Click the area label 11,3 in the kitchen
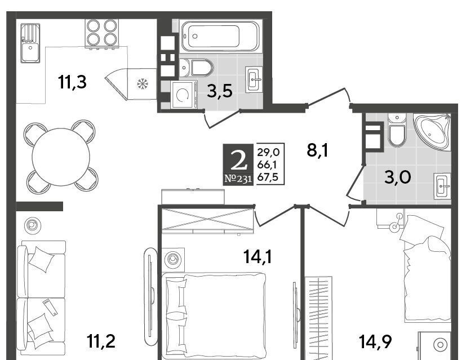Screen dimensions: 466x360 coord(73,82)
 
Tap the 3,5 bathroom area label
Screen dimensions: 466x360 coord(220,91)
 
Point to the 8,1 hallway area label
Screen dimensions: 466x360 coord(317,150)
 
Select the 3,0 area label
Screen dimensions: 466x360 coord(398,177)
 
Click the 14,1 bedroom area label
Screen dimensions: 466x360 coord(258,257)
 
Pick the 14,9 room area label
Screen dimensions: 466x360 coord(375,341)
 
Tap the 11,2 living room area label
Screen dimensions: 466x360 coord(101,341)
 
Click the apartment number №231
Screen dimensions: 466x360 coord(238,179)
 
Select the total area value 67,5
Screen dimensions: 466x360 coord(268,177)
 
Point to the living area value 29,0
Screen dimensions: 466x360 coord(268,152)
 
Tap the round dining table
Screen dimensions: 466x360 coord(61,157)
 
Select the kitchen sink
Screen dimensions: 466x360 coord(30,43)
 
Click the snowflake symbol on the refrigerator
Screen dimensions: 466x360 coord(143,84)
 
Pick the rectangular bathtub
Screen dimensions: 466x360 coord(220,36)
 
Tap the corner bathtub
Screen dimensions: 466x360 coord(433,131)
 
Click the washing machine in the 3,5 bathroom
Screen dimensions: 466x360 coord(184,95)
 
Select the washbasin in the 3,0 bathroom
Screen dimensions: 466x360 coord(442,186)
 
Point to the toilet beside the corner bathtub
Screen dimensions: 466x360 coord(397,130)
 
